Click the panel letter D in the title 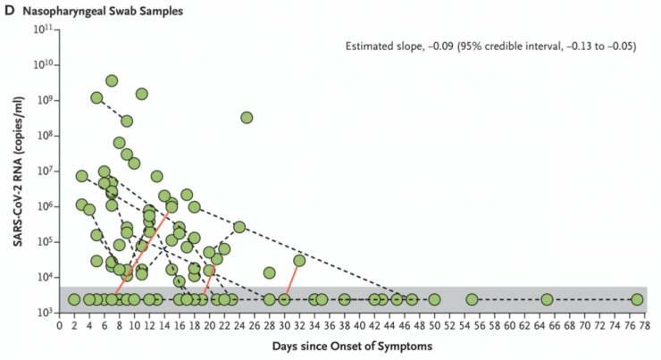click(x=11, y=10)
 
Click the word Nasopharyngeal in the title click(x=62, y=10)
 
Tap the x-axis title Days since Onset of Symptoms click(x=353, y=344)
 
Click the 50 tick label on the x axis click(x=434, y=325)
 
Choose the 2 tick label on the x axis click(x=73, y=325)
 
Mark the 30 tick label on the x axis click(x=284, y=325)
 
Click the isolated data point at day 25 click(x=247, y=117)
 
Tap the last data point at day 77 click(x=637, y=299)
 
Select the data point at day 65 click(x=547, y=299)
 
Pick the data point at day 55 click(x=472, y=299)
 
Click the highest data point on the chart click(x=112, y=80)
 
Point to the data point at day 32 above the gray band click(x=299, y=261)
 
